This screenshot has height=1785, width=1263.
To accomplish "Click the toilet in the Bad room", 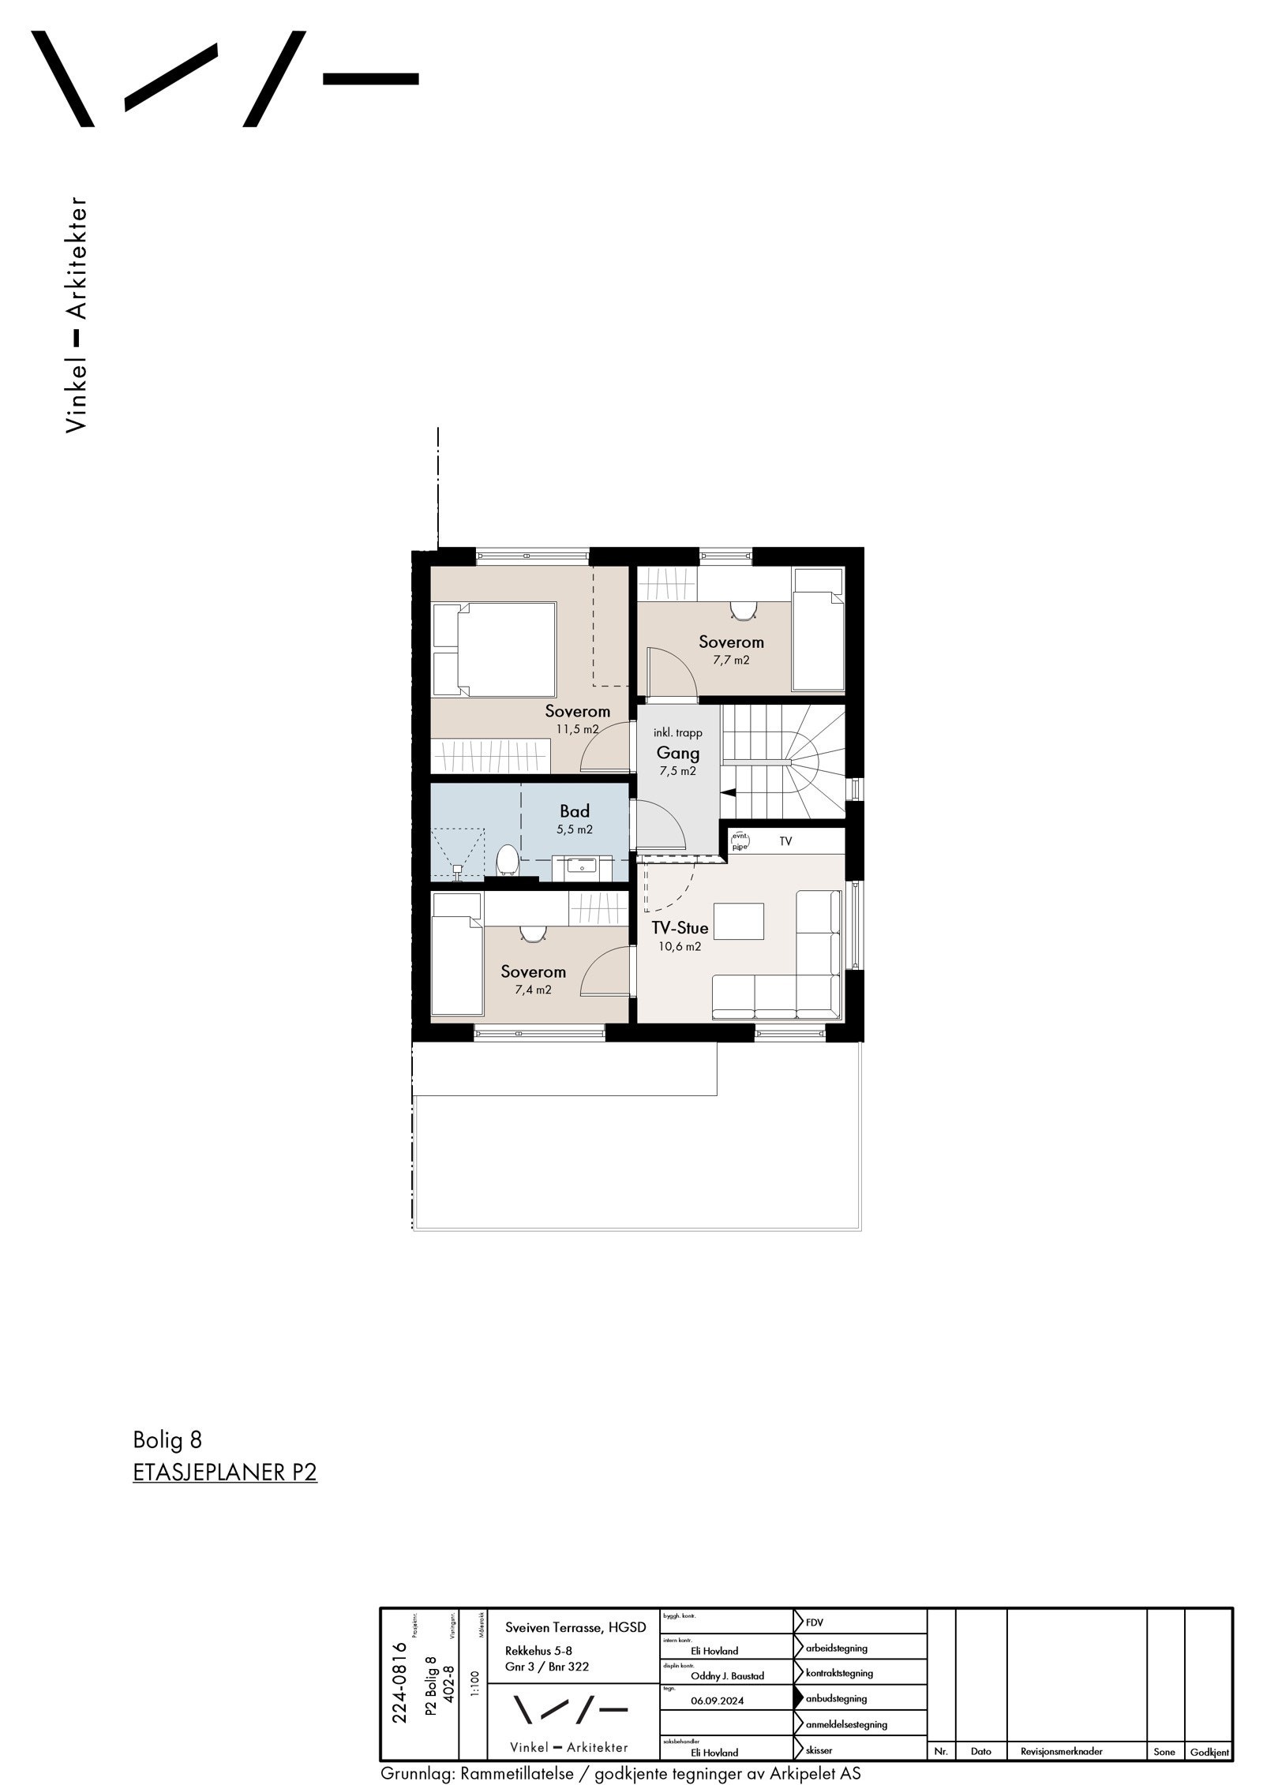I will [x=506, y=859].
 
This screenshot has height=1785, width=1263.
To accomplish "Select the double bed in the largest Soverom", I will [x=505, y=649].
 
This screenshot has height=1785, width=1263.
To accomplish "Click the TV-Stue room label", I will [x=680, y=928].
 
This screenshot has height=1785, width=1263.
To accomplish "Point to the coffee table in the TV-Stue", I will [x=739, y=921].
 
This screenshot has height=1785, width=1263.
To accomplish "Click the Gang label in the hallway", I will [x=678, y=753].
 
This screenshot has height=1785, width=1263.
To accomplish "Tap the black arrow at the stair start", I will [x=730, y=792].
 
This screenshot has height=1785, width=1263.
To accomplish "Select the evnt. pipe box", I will [x=740, y=840].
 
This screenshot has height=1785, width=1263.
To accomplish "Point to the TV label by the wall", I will [x=785, y=842].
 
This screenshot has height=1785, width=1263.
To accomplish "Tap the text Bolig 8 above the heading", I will [x=167, y=1440].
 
